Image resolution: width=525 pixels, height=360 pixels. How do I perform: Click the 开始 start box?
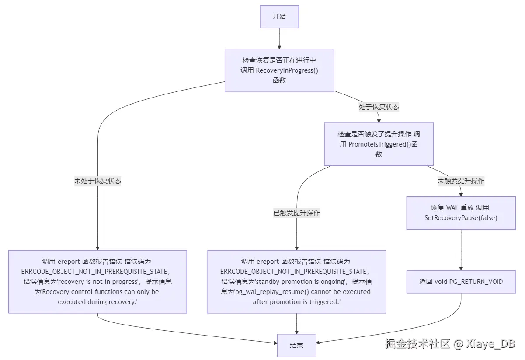click(x=279, y=17)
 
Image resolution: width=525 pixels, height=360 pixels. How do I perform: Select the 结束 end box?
click(x=296, y=345)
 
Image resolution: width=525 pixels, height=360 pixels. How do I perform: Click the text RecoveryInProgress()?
click(x=287, y=70)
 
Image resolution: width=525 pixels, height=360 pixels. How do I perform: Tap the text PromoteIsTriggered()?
click(x=380, y=144)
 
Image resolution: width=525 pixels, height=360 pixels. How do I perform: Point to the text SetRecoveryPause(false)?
click(x=461, y=218)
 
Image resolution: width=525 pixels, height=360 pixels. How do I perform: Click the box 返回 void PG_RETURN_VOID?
click(x=461, y=282)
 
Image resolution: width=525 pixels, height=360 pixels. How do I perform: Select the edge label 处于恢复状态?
click(x=379, y=107)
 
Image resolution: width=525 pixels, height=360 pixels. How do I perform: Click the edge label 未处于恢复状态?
click(x=97, y=181)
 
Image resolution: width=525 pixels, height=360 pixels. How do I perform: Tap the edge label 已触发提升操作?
click(x=296, y=213)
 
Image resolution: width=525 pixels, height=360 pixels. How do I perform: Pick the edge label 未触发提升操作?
click(x=461, y=181)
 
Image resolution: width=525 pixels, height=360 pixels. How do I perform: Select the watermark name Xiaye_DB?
click(x=490, y=344)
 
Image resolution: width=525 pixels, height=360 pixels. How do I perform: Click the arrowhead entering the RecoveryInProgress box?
click(x=279, y=47)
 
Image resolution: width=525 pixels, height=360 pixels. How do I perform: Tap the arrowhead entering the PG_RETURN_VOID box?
click(x=461, y=269)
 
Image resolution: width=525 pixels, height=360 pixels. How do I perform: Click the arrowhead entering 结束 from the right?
click(x=318, y=343)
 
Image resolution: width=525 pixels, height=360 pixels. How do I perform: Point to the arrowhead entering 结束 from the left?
click(x=275, y=343)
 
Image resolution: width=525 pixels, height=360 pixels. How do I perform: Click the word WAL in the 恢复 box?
click(x=452, y=208)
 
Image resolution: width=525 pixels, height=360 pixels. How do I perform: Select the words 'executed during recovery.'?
click(x=98, y=302)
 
